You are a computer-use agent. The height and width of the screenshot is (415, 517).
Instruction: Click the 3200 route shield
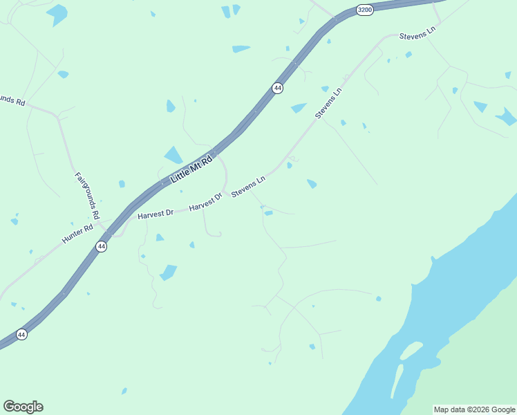365,10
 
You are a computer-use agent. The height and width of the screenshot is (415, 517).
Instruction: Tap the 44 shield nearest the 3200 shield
277,88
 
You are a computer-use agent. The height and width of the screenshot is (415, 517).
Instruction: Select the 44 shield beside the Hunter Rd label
102,246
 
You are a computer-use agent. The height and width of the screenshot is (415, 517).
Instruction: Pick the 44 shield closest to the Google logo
21,335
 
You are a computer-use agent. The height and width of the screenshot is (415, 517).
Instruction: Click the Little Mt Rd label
191,168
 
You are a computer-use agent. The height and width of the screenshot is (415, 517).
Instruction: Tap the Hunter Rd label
77,234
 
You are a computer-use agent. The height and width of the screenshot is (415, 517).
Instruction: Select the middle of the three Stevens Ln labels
329,102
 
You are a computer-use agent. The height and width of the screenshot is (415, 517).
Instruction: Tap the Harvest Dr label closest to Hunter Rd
155,214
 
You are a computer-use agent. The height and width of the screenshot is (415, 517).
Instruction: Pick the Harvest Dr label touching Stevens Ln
205,202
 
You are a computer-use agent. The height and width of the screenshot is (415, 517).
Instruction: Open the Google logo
23,407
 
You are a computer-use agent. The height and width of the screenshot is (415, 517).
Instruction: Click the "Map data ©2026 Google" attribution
475,409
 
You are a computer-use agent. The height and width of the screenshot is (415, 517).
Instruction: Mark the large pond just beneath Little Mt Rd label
173,156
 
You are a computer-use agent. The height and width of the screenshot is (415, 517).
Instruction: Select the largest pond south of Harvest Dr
169,272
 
